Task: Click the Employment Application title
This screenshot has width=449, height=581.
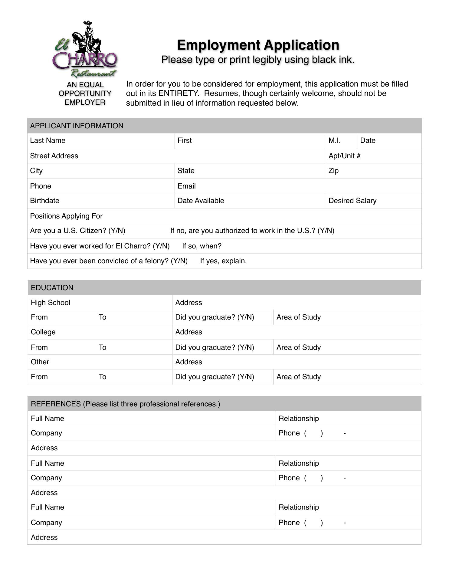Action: [258, 45]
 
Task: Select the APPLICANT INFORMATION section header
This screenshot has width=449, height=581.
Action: [77, 126]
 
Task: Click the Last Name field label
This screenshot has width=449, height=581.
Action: [48, 141]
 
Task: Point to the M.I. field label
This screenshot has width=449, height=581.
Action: [334, 141]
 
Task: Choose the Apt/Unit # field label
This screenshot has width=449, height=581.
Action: [344, 156]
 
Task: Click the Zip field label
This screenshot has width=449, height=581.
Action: [333, 171]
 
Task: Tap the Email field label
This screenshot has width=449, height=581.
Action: [186, 186]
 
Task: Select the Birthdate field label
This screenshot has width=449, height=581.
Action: [44, 201]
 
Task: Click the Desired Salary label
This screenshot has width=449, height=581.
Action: [352, 201]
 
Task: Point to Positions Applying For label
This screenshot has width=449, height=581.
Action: [66, 216]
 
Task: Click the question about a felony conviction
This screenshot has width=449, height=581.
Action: [109, 261]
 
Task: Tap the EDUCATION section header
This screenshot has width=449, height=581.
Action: [52, 288]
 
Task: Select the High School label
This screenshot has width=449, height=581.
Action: [50, 303]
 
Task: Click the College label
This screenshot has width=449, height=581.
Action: [43, 332]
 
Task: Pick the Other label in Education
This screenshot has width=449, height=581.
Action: [40, 362]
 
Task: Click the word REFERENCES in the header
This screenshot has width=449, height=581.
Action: [56, 404]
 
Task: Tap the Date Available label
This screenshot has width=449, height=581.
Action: [201, 201]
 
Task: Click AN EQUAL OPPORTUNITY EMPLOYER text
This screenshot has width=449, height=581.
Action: [85, 94]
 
